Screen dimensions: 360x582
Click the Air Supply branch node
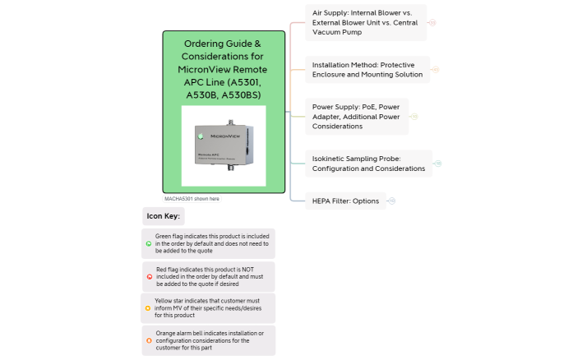[366, 23]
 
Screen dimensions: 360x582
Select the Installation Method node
[367, 69]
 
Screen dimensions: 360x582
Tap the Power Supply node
[356, 116]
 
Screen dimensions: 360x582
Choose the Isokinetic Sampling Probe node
[368, 163]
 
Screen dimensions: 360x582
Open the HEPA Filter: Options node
[345, 201]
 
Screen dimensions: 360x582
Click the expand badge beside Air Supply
[432, 23]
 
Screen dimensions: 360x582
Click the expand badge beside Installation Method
[436, 70]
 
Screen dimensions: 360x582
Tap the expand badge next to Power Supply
[413, 116]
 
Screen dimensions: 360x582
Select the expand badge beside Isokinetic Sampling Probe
[438, 164]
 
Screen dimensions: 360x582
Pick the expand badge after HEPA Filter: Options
[392, 201]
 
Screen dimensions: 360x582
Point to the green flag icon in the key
[148, 244]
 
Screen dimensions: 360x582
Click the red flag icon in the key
[148, 277]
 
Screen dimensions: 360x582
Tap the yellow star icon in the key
[148, 308]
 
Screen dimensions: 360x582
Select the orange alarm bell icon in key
[148, 340]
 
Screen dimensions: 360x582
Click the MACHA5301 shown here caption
[192, 199]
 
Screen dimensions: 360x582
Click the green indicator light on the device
[199, 135]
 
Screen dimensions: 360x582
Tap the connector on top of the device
[230, 123]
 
